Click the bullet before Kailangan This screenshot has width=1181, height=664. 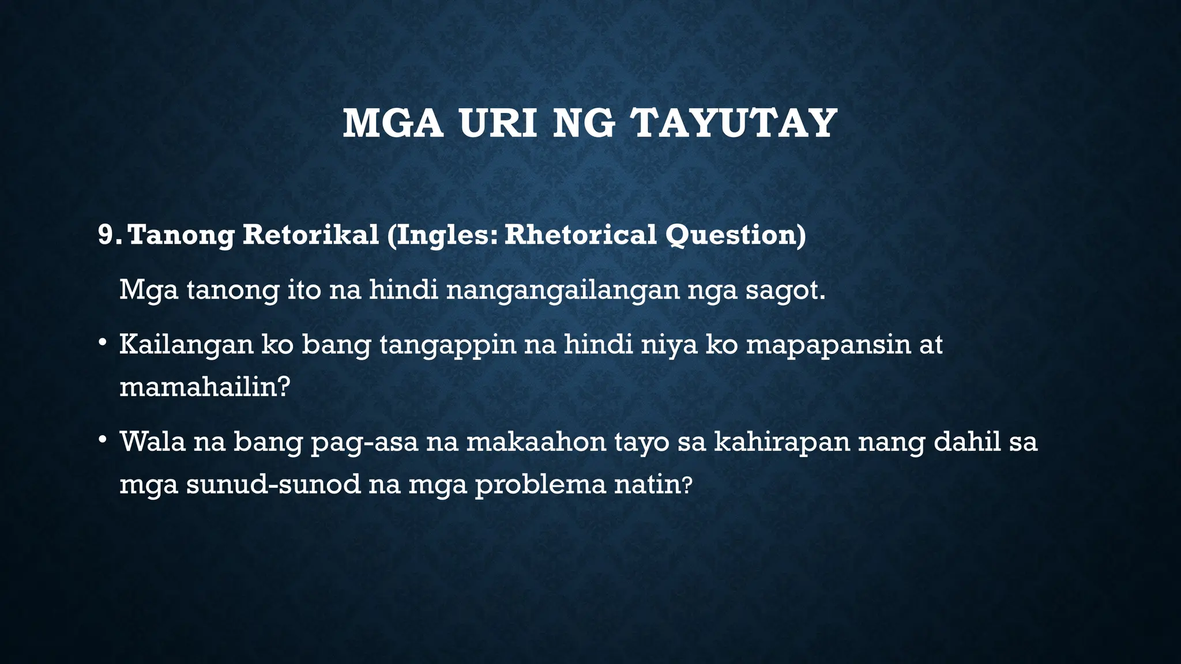(102, 342)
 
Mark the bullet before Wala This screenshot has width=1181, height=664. (102, 440)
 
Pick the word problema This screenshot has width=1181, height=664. (540, 485)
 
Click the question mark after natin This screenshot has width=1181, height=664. (686, 485)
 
